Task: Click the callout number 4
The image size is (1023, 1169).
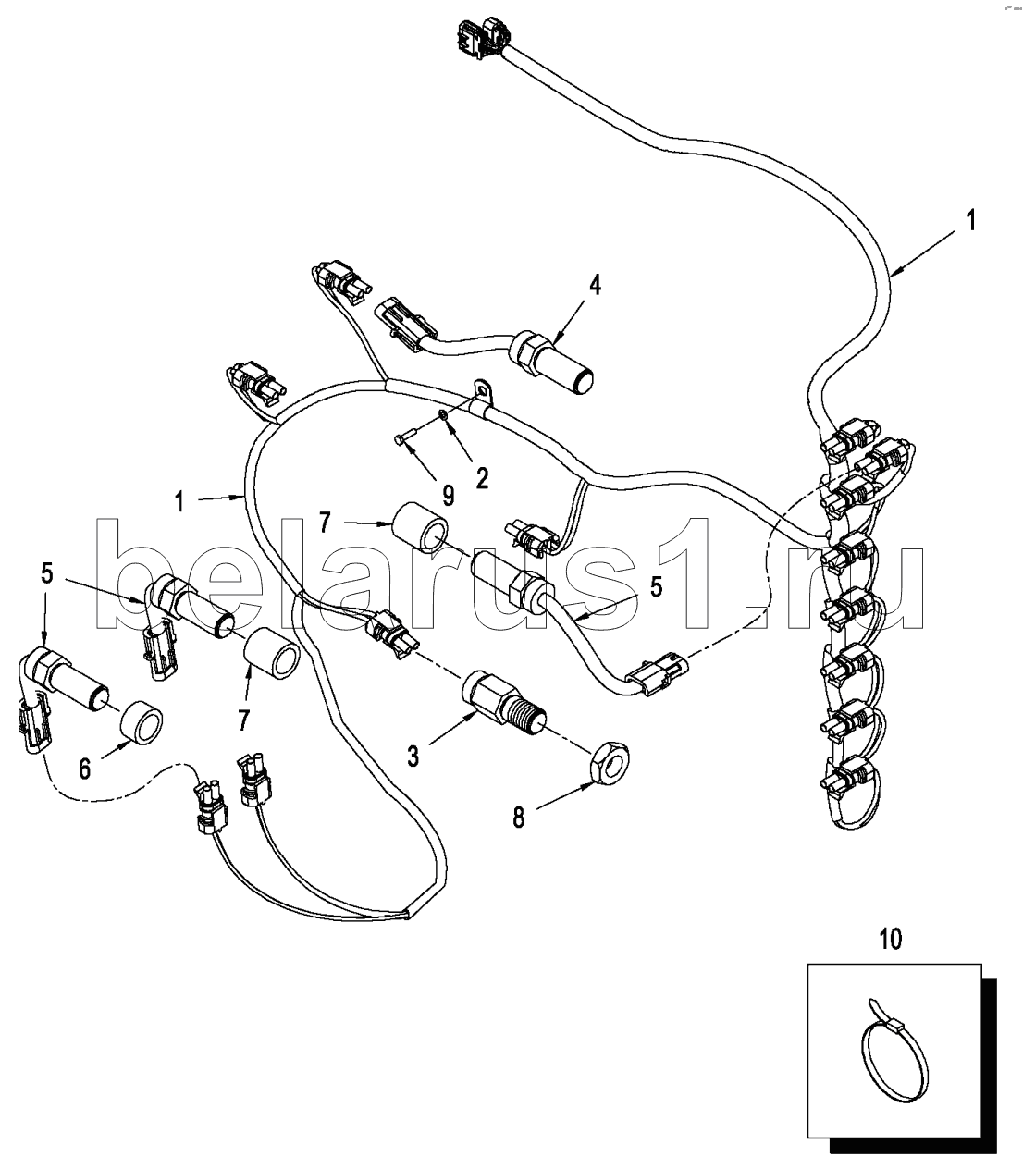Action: [595, 285]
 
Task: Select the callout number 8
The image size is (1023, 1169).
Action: [518, 818]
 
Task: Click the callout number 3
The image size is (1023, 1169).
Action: [413, 757]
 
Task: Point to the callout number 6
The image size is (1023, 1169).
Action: [84, 769]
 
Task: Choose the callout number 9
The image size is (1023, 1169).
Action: [448, 496]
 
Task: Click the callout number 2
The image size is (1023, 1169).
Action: [482, 478]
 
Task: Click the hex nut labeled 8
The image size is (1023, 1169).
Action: [608, 764]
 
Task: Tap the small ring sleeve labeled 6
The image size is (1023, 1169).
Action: [141, 722]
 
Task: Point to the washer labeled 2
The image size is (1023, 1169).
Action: [444, 413]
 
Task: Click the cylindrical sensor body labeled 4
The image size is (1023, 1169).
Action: [552, 361]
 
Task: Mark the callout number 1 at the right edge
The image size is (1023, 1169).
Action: [970, 221]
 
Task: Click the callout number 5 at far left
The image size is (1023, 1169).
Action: [46, 574]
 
